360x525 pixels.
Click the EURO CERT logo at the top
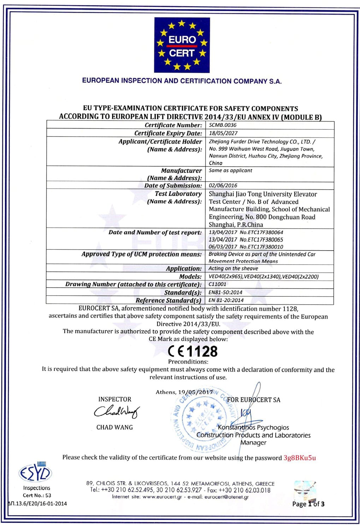tap(182, 45)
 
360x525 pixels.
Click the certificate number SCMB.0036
tap(223, 125)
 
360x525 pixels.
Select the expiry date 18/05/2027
tap(223, 133)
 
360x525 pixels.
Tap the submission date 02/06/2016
tap(223, 185)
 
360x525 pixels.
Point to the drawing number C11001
tap(217, 284)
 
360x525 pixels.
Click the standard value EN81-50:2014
tap(225, 292)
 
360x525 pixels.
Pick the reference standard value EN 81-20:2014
tap(226, 300)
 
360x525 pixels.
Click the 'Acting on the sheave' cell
tap(233, 269)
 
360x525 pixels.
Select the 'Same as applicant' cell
tap(230, 170)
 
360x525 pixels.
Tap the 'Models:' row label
tap(190, 276)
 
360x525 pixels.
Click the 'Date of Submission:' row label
tap(173, 185)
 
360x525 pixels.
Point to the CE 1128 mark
tap(193, 351)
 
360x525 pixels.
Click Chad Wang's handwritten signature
tap(117, 412)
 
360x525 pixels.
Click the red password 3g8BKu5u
tap(300, 458)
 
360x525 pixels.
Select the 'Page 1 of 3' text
tap(308, 504)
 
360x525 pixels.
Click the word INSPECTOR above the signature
tap(114, 399)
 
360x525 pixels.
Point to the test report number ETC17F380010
tap(261, 247)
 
